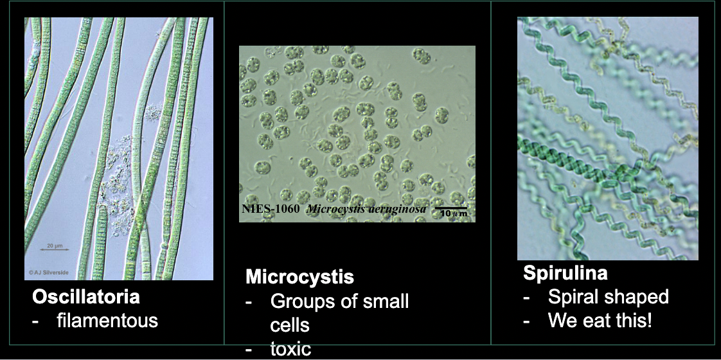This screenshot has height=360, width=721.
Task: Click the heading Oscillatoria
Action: click(86, 297)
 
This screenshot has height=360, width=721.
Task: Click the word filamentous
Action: click(107, 319)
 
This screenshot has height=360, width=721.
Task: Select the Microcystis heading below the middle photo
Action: click(299, 277)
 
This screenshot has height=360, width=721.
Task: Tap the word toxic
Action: click(290, 349)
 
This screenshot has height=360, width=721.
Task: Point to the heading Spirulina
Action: click(565, 273)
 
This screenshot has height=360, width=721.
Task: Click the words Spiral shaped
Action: click(608, 296)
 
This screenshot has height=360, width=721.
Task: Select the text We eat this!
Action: click(600, 319)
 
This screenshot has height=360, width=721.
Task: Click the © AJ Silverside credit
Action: click(48, 273)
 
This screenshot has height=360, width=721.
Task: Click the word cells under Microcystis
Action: click(290, 324)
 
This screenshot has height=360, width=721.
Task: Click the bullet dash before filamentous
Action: click(37, 319)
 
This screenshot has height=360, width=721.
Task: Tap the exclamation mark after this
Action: click(650, 319)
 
